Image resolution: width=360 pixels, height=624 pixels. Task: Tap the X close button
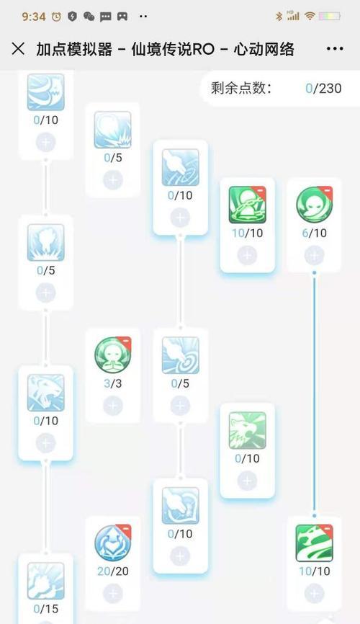[x=18, y=49]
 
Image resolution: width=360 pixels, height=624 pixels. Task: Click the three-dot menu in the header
[x=335, y=49]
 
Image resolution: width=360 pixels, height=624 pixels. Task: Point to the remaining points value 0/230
[x=323, y=89]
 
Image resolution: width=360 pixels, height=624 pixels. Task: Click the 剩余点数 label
[x=241, y=89]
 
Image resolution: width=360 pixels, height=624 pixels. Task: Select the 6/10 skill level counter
[x=314, y=233]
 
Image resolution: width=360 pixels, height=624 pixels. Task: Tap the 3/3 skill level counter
[x=112, y=383]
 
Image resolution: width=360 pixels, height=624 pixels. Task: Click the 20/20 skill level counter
[x=112, y=571]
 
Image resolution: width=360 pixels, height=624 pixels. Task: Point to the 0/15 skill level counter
[x=46, y=609]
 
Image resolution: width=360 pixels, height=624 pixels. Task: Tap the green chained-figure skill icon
[x=247, y=205]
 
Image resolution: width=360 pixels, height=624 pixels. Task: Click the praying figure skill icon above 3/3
[x=112, y=355]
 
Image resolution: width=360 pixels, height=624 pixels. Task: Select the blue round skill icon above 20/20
[x=112, y=543]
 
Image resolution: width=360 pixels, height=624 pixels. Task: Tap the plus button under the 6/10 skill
[x=314, y=255]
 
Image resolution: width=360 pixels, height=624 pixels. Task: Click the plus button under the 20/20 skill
[x=112, y=593]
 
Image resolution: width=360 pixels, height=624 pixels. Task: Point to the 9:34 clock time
[x=34, y=17]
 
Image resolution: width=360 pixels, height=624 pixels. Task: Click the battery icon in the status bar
[x=329, y=17]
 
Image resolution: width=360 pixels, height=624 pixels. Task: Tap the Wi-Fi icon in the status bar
[x=310, y=16]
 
